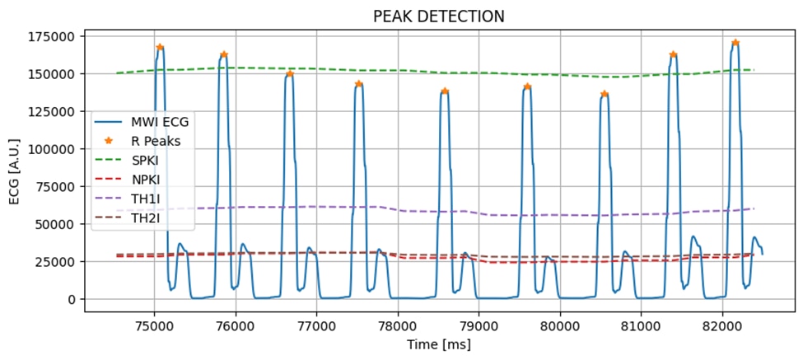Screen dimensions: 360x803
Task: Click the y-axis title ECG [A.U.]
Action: tap(13, 166)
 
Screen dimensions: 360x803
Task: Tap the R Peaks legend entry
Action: tap(157, 141)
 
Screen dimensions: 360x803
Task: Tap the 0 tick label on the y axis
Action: tap(72, 299)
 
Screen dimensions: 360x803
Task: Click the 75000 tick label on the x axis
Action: tap(154, 322)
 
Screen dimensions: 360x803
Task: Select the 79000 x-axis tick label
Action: tap(479, 322)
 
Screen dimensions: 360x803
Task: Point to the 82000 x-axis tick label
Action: tap(723, 322)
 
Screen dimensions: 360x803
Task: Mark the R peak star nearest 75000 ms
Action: tap(160, 47)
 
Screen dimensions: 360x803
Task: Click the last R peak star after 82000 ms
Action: tap(735, 43)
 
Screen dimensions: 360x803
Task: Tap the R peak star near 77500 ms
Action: tap(358, 84)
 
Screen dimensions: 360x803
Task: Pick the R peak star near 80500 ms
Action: tap(605, 94)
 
